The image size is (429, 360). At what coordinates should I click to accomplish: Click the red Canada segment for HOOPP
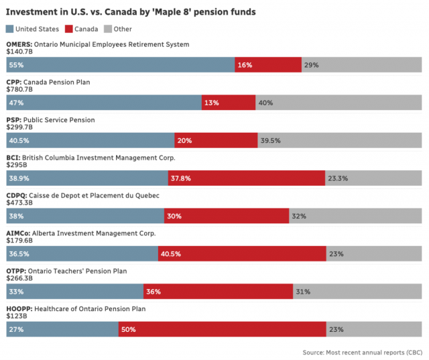pyautogui.click(x=223, y=330)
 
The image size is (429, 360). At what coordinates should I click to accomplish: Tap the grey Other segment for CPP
pyautogui.click(x=339, y=103)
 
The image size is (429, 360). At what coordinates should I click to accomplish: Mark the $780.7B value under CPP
pyautogui.click(x=19, y=89)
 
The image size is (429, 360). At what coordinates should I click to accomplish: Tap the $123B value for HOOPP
pyautogui.click(x=16, y=316)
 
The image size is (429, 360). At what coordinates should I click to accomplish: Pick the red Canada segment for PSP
pyautogui.click(x=216, y=141)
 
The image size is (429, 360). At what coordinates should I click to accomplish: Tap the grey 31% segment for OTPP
pyautogui.click(x=357, y=292)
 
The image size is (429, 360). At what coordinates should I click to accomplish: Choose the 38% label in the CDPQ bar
pyautogui.click(x=17, y=217)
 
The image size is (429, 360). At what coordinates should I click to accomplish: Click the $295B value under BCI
pyautogui.click(x=16, y=165)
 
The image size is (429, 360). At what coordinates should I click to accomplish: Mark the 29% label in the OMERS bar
pyautogui.click(x=311, y=65)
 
